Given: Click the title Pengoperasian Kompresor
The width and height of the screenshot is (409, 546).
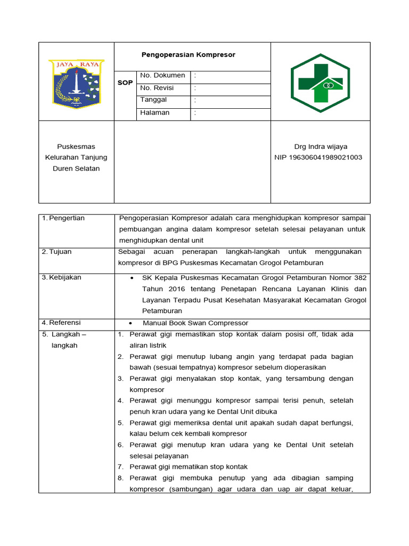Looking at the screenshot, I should click(188, 55).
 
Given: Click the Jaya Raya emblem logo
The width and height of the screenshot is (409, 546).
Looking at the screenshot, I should click(77, 82).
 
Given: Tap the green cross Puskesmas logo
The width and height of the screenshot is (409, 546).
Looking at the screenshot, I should click(320, 83).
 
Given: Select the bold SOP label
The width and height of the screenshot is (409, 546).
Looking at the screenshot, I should click(125, 83).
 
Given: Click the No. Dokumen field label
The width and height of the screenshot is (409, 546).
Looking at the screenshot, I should click(162, 76).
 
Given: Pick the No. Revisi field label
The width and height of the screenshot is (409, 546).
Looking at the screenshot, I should click(157, 88).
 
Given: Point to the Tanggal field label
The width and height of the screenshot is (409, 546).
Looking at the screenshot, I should click(153, 100).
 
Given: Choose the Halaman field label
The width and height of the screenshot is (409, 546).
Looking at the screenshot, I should click(154, 113).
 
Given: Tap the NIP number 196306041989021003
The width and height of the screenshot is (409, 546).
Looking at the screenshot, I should click(318, 157).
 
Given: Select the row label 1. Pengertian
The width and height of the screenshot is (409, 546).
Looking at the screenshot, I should click(63, 218).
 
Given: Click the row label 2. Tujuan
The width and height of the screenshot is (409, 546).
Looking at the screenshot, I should click(56, 252).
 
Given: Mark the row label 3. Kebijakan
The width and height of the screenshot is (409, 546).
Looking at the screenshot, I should click(62, 277).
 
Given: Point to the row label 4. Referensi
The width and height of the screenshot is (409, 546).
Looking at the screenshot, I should click(62, 323).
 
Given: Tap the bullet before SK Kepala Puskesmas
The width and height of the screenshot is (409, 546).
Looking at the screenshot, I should click(131, 278).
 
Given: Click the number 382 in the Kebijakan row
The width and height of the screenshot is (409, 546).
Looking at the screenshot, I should click(360, 278).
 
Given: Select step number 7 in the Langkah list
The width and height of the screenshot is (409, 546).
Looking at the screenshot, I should click(120, 467).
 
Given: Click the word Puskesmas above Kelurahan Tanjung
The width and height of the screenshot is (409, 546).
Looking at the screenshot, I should click(76, 147).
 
